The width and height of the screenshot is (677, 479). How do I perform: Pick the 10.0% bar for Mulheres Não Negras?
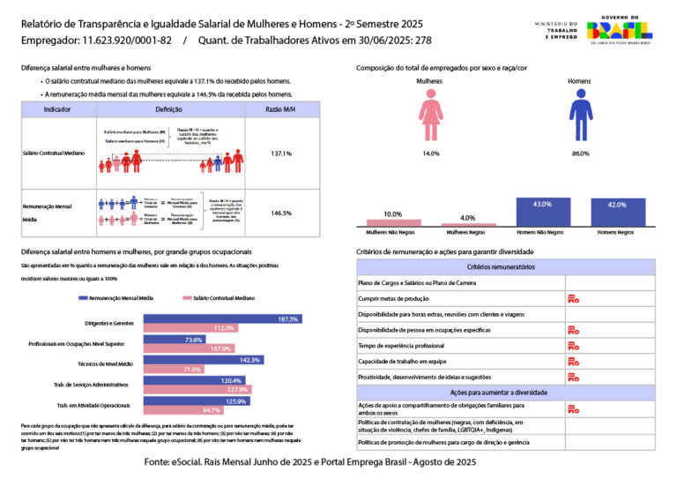(x=393, y=223)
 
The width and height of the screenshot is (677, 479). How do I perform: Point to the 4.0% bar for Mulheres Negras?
(x=467, y=225)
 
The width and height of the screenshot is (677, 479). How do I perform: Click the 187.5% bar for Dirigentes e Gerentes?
(x=222, y=318)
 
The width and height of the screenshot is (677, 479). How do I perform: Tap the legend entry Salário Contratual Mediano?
(x=220, y=298)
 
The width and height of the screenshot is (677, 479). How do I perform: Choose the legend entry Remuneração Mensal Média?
(x=115, y=298)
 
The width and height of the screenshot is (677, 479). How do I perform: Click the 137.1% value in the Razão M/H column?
(x=281, y=153)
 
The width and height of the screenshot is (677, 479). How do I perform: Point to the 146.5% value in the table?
(x=281, y=213)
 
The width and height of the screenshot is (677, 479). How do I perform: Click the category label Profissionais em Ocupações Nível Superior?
(x=91, y=343)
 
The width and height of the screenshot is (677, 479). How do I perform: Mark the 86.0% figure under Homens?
(x=580, y=153)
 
